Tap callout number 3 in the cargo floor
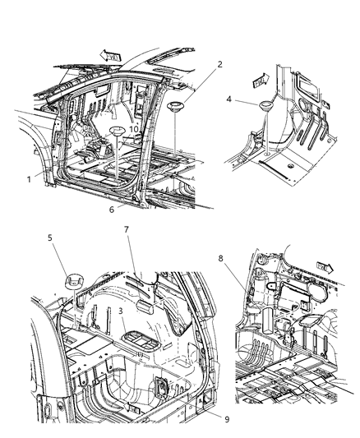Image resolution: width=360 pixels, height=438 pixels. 122,311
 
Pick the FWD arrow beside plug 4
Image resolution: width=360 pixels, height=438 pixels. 259,81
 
